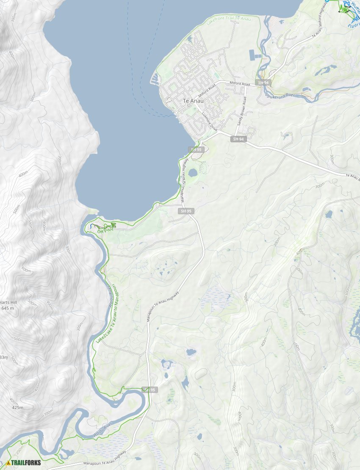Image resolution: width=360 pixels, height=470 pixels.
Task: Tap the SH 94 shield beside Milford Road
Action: [263, 82]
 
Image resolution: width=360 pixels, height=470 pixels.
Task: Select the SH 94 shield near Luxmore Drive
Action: [239, 139]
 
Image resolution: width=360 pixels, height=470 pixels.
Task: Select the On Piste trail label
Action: [105, 231]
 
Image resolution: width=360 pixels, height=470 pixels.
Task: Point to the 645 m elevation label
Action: [7, 308]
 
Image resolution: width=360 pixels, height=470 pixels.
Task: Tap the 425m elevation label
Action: [17, 407]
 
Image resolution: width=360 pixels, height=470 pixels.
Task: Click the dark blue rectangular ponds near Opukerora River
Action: [255, 55]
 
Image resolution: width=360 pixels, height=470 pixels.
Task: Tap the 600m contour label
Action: [26, 270]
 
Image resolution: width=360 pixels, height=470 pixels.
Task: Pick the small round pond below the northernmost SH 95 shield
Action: [193, 173]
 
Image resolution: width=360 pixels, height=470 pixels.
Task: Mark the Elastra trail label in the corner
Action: [353, 25]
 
